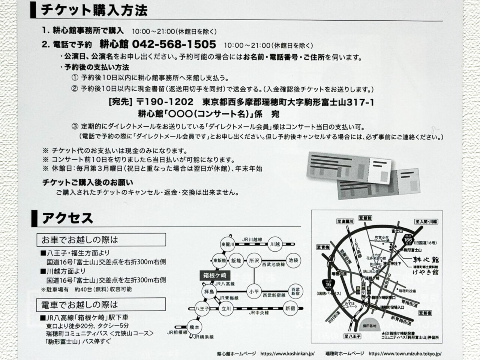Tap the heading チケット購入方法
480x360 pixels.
click(x=94, y=10)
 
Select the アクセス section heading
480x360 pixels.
click(x=67, y=218)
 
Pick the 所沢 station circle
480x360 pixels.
click(x=254, y=260)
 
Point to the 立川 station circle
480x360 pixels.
click(x=226, y=309)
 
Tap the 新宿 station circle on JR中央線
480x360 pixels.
click(x=290, y=309)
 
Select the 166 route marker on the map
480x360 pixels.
click(x=409, y=239)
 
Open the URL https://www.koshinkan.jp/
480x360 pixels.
click(x=287, y=354)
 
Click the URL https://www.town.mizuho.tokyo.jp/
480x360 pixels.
click(x=405, y=354)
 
